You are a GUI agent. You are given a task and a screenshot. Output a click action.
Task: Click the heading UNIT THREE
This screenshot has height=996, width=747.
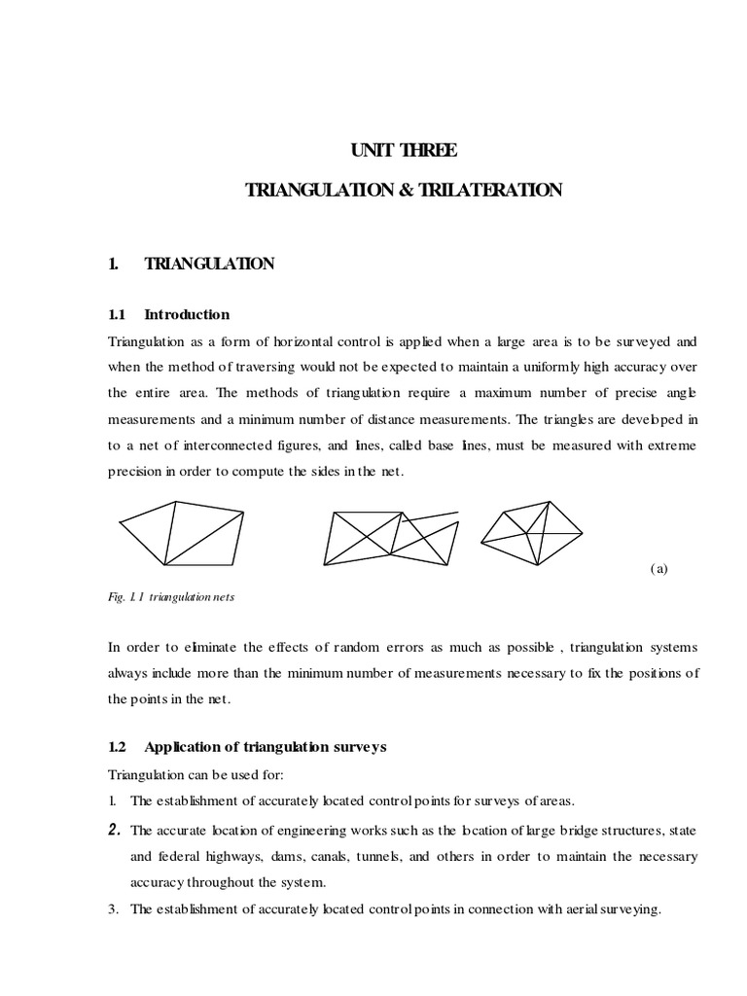(404, 151)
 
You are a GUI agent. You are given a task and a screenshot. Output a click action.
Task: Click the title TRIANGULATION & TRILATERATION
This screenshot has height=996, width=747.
(404, 191)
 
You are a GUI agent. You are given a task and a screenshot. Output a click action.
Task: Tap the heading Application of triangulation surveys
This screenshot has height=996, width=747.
(266, 747)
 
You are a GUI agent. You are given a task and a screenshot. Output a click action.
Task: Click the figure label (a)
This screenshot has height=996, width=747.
(658, 570)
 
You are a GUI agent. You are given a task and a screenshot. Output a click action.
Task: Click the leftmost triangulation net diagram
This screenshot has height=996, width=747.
(182, 532)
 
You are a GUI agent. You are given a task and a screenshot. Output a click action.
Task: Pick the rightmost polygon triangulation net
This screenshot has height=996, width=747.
(532, 532)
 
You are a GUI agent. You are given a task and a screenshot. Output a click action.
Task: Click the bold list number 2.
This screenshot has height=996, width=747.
(114, 829)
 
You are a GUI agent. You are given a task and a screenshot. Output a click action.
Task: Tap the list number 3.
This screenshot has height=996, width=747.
(114, 910)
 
